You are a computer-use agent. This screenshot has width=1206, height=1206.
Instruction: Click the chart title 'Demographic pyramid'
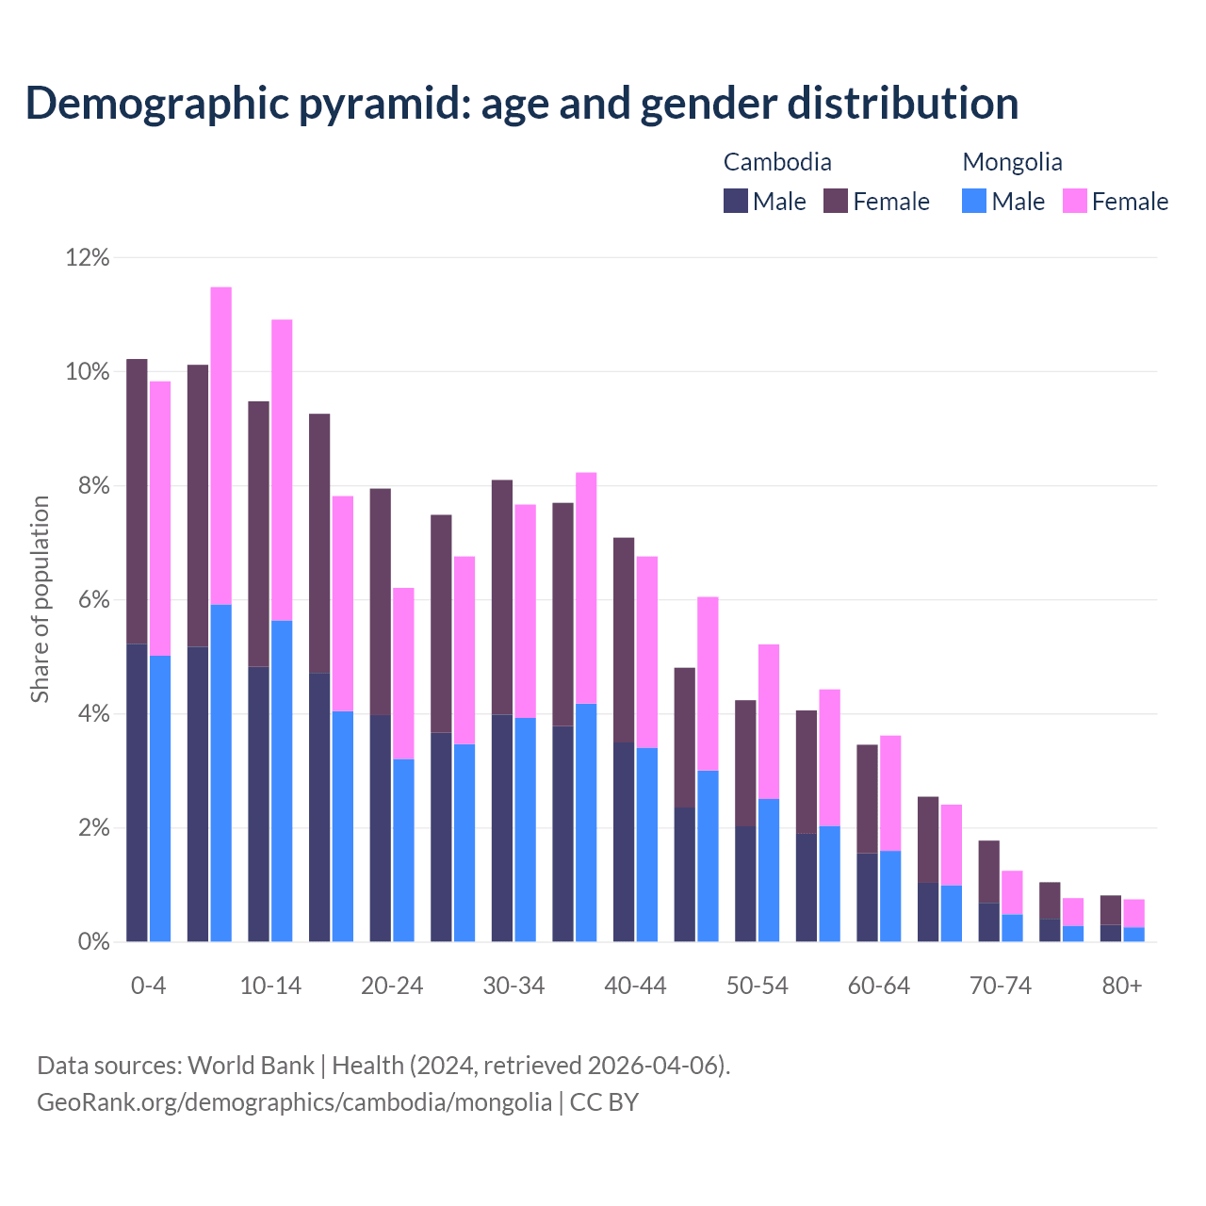(521, 103)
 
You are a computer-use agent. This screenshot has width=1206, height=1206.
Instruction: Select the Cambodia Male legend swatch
(735, 201)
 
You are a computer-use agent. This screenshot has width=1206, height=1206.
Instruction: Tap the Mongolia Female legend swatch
(1074, 201)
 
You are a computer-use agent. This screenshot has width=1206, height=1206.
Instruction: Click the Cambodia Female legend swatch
(836, 201)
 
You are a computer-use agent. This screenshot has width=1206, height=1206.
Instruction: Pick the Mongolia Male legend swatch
(974, 201)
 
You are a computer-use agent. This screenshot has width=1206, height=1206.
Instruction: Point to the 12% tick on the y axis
(88, 257)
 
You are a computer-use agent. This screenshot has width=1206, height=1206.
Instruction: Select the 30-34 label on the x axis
(513, 986)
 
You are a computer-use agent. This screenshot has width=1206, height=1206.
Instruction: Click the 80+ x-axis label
(1122, 986)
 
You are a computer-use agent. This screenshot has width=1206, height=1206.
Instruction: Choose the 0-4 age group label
(148, 986)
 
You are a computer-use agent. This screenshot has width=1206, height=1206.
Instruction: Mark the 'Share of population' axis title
(40, 599)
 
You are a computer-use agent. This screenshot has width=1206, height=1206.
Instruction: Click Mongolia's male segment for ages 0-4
(160, 799)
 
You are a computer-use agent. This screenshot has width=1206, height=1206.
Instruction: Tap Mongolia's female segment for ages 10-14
(282, 469)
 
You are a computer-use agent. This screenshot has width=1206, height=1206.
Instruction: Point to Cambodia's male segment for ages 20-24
(380, 828)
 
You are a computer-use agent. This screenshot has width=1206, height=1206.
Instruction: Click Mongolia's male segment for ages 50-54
(769, 870)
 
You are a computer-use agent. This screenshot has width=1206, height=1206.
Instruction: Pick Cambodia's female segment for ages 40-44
(624, 640)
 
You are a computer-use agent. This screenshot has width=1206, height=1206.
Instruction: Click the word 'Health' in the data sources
(367, 1065)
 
